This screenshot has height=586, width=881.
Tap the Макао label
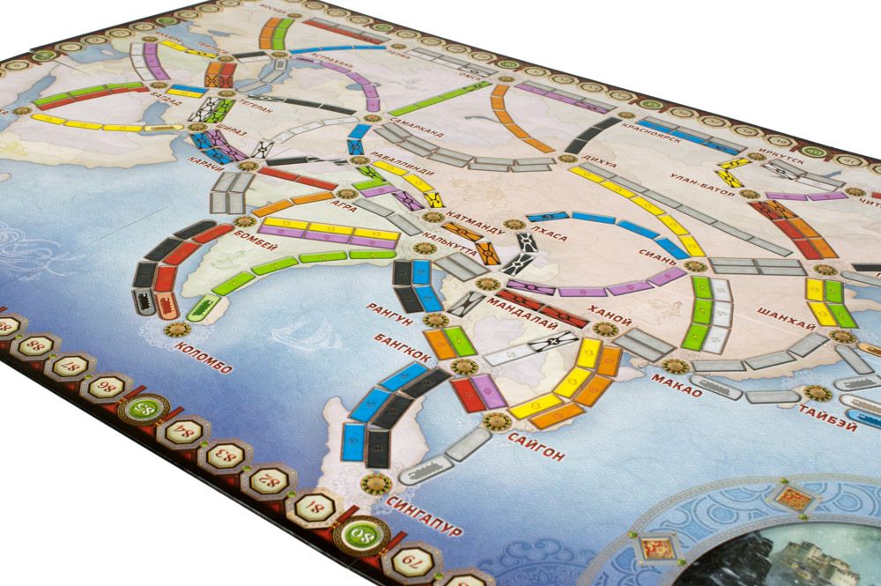pos(677,385)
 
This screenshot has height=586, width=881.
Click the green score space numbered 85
pos(146,407)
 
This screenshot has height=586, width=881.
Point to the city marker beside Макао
pos(674,365)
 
